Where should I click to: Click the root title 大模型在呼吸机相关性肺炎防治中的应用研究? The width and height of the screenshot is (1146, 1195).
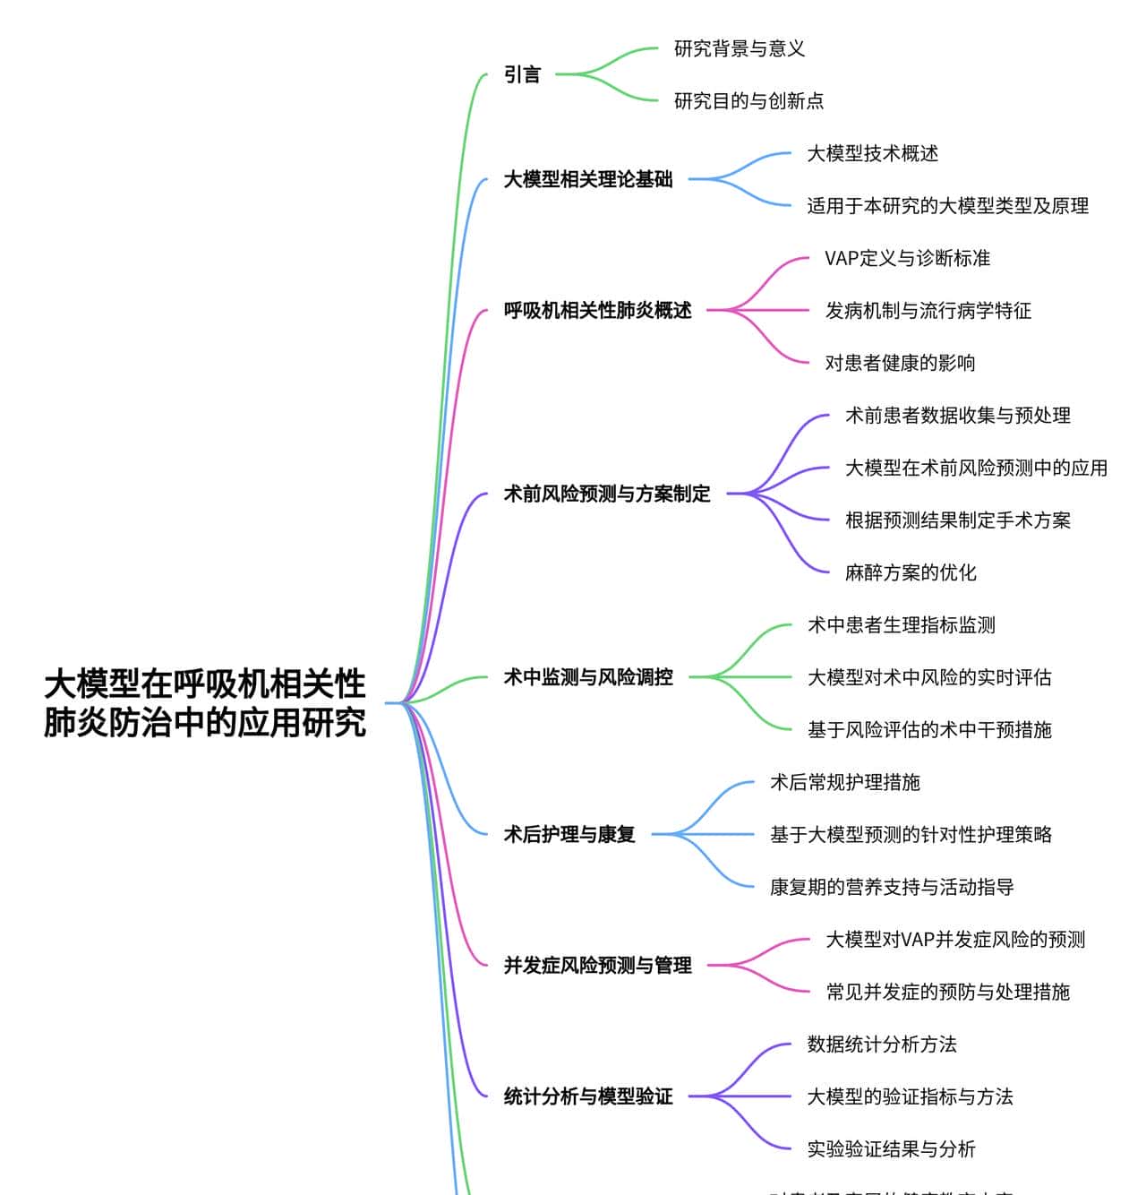205,703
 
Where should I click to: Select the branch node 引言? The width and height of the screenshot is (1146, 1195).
523,74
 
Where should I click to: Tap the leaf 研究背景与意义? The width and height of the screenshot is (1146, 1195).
740,48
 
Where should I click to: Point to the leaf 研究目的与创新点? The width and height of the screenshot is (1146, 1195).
748,100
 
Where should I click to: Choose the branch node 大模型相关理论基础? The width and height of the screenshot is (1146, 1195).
588,179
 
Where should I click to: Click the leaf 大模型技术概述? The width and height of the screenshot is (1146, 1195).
873,153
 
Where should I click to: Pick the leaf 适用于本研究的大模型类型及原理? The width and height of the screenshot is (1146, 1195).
948,205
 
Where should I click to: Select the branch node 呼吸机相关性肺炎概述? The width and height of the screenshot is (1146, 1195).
597,310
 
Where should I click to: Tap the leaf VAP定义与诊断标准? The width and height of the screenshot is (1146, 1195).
907,258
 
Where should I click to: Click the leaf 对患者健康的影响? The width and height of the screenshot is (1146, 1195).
900,363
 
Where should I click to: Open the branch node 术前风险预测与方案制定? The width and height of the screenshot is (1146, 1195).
607,494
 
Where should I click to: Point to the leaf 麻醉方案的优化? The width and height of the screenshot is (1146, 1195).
911,572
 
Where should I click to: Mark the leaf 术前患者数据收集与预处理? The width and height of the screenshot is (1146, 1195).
958,415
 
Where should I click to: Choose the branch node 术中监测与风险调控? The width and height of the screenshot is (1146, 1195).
588,677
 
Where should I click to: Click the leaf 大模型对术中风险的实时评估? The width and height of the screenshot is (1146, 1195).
929,677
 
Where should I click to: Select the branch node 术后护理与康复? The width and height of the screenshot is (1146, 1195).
569,834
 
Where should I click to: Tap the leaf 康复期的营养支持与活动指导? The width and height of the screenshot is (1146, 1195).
892,887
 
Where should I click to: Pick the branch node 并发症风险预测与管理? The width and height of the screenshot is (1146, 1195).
597,965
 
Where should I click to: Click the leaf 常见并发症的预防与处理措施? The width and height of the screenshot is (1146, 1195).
948,992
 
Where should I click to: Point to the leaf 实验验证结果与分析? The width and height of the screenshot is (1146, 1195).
892,1148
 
